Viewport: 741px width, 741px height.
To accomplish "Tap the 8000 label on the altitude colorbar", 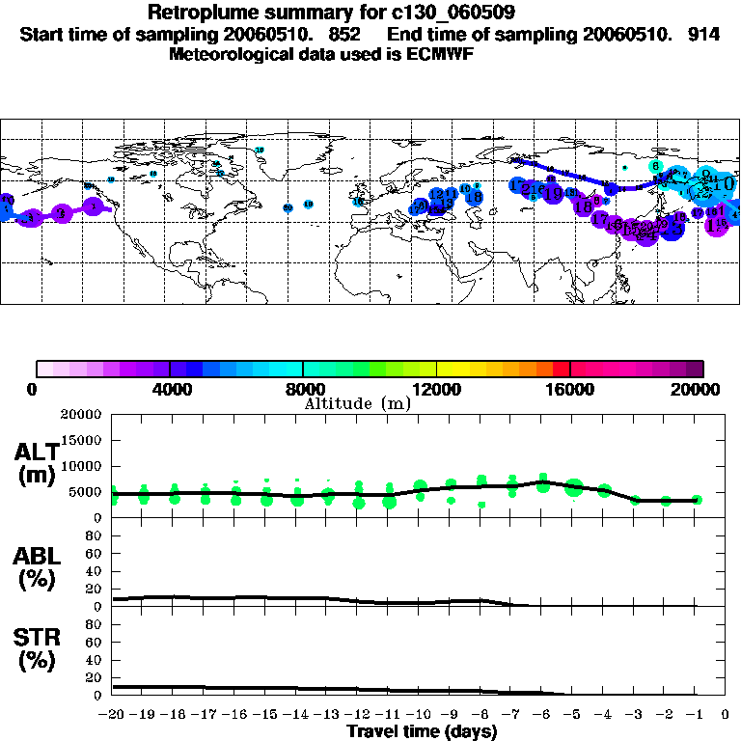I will click(x=303, y=389).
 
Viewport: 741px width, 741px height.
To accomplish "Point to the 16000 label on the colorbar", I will click(x=570, y=389).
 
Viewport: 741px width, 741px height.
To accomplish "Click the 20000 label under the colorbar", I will click(x=700, y=389).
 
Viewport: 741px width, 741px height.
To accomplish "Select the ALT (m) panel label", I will click(x=36, y=463).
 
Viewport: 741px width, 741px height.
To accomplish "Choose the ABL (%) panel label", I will click(x=36, y=568).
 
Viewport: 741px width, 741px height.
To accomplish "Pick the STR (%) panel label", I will click(x=36, y=649).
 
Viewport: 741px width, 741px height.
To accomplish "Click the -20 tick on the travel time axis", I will click(x=113, y=715).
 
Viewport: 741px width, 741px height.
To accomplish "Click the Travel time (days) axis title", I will click(x=422, y=731).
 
